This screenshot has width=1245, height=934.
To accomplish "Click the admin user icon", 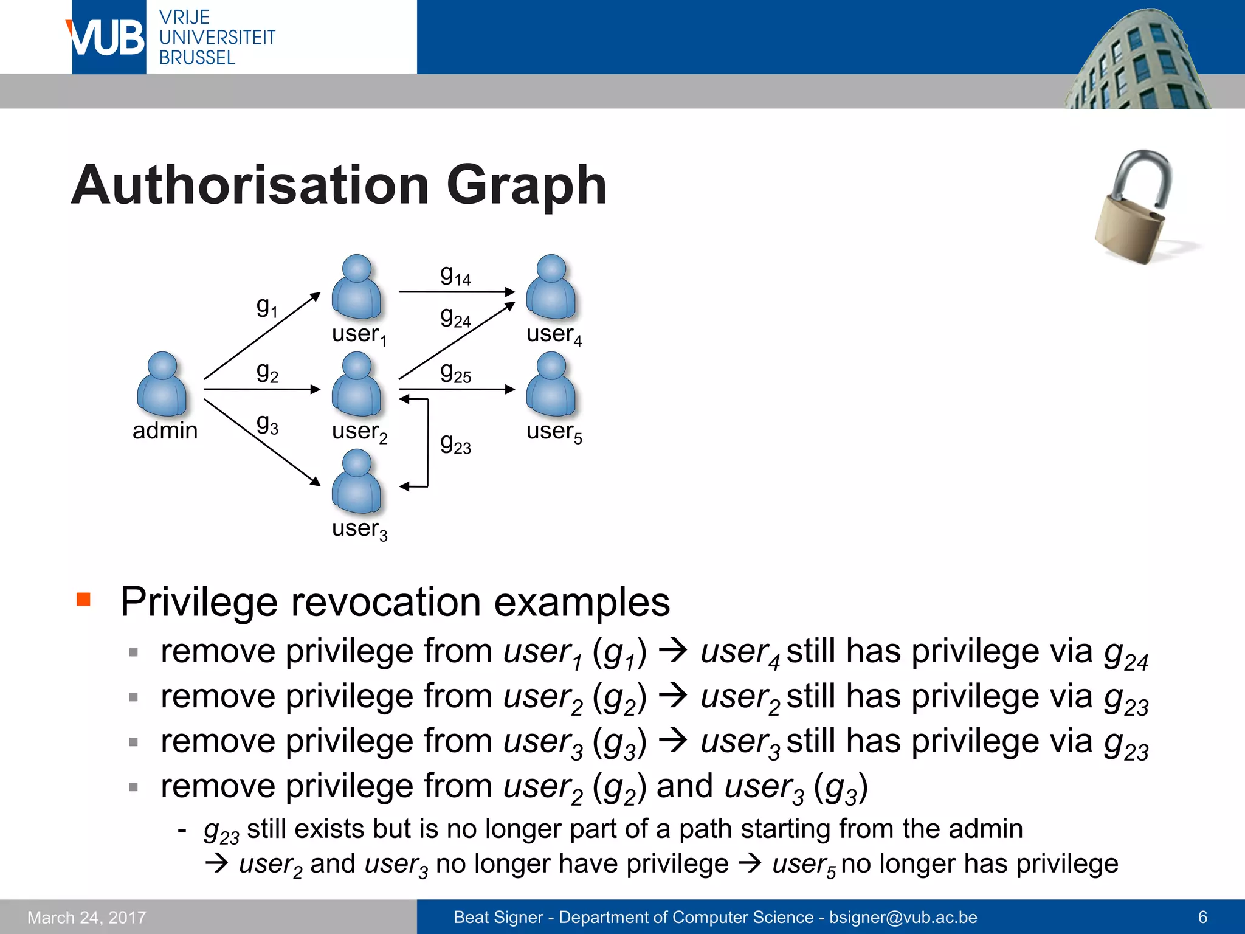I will [x=162, y=384].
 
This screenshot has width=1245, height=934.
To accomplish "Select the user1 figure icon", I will [x=357, y=287].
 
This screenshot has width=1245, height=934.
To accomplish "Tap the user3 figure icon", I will [x=357, y=482].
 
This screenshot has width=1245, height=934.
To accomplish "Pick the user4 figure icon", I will [x=551, y=287].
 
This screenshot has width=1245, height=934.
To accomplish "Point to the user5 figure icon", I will [x=551, y=384].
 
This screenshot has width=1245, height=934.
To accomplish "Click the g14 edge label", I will [x=455, y=275].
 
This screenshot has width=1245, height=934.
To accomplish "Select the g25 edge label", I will [x=455, y=372].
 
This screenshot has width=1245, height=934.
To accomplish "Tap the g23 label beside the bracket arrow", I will [x=455, y=443].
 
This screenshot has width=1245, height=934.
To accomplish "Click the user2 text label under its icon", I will [x=359, y=432].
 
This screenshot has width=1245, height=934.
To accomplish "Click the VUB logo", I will [x=108, y=38].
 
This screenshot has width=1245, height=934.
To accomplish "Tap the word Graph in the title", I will [x=526, y=185].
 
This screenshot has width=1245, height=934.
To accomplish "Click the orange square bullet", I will [x=83, y=600].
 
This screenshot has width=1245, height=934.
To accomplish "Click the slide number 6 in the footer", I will [x=1202, y=917].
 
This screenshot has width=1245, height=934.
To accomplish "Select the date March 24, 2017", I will [x=87, y=917].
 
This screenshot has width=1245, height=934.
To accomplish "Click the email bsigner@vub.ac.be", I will [x=903, y=917].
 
